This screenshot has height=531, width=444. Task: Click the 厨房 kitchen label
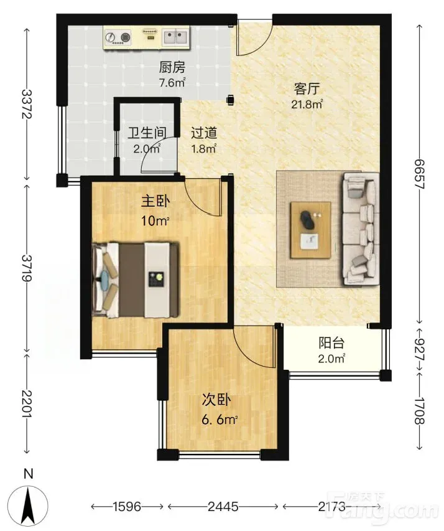[x=172, y=67]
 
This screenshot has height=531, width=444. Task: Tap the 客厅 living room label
[x=307, y=89]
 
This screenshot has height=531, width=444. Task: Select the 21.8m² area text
[x=307, y=104]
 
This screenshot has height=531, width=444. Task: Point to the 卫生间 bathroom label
[x=147, y=133]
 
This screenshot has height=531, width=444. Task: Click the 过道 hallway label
[x=204, y=133]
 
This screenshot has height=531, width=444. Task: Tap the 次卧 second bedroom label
[x=216, y=400]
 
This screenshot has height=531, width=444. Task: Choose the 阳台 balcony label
[x=331, y=343]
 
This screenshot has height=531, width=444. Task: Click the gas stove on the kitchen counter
[x=118, y=37]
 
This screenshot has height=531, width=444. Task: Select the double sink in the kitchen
[x=175, y=37]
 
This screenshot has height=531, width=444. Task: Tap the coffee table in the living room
[x=311, y=230]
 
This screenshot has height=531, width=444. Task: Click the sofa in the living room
[x=361, y=228]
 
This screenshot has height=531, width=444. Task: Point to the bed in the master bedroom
[x=136, y=280]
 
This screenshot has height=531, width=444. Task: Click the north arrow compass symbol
[x=29, y=505]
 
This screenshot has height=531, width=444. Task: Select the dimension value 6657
[x=420, y=174]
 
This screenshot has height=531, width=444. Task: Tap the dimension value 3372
[x=26, y=103]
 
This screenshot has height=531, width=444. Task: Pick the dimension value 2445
[x=223, y=506]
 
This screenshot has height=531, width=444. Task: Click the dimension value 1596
[x=127, y=506]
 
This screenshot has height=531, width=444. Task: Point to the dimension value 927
[x=420, y=349]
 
